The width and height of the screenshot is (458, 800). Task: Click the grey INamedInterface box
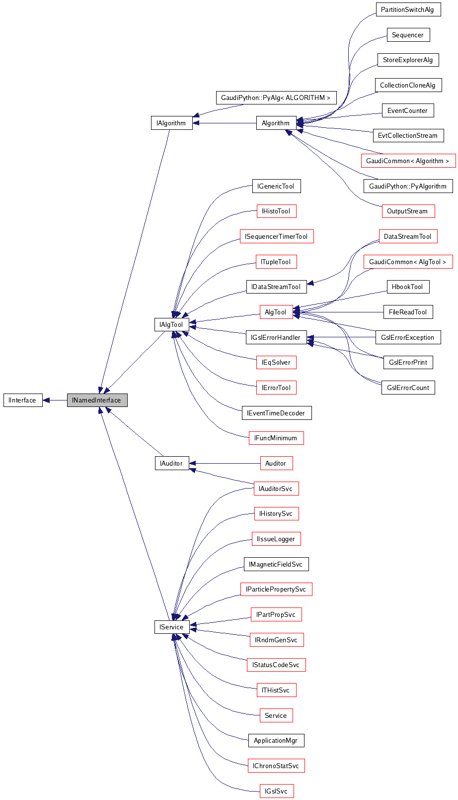tap(97, 400)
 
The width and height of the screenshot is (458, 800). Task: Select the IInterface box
tap(23, 400)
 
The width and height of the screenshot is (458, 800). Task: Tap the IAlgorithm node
tap(171, 123)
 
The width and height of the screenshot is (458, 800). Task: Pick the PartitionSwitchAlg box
tap(408, 10)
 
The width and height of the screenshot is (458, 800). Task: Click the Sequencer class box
tap(408, 35)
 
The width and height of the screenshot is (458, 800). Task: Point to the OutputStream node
tap(407, 211)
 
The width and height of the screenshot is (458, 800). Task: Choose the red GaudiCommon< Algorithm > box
tap(408, 161)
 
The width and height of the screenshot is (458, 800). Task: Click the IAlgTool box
tap(171, 324)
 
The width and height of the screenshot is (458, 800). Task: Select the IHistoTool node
tap(276, 211)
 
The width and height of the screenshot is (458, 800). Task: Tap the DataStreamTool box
tap(408, 236)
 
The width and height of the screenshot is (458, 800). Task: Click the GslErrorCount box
tap(408, 388)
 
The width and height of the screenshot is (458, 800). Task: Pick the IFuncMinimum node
tap(276, 438)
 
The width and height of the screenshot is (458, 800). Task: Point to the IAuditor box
tap(171, 463)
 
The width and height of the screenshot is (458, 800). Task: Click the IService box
tap(171, 627)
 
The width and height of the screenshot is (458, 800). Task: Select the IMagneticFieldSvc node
tap(276, 564)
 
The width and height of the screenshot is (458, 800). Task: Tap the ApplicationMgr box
tap(276, 740)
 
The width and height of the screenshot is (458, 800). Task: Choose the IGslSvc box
tap(276, 791)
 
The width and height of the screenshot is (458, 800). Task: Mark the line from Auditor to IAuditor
tap(226, 463)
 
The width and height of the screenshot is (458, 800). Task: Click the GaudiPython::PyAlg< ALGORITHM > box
tap(276, 98)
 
